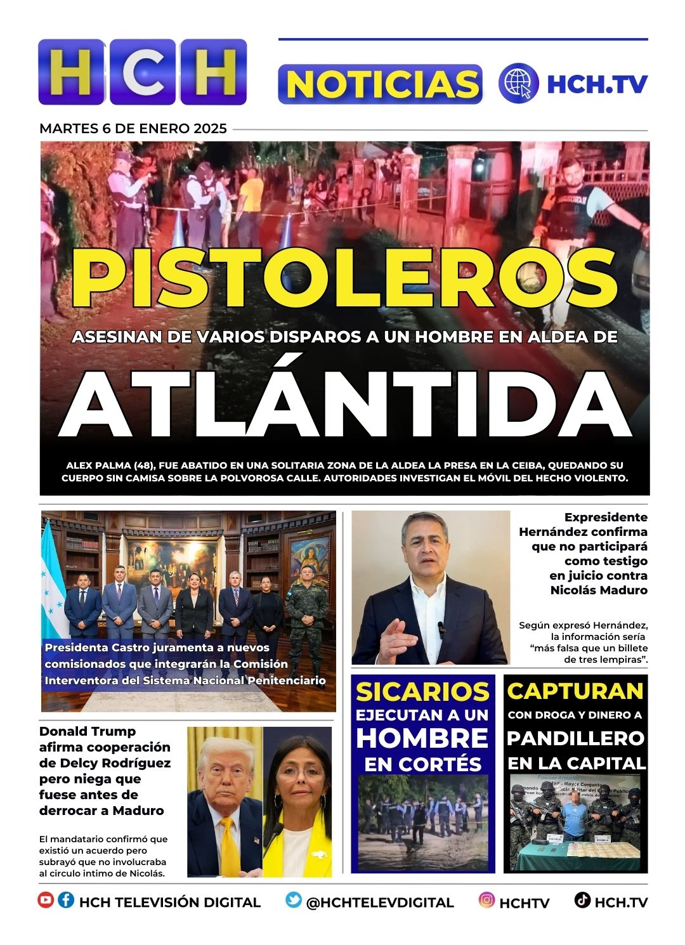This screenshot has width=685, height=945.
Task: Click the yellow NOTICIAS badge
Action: (x=380, y=84)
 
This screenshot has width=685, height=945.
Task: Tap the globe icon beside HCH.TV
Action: (x=518, y=83)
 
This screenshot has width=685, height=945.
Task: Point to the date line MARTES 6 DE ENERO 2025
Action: (x=133, y=129)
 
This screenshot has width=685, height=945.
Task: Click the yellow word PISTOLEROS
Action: (x=344, y=277)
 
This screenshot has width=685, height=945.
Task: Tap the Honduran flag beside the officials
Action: (x=52, y=583)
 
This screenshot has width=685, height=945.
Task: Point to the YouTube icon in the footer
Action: (x=46, y=900)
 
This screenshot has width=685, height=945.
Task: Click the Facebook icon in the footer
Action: (x=66, y=900)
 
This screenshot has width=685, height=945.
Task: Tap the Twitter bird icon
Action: (x=293, y=900)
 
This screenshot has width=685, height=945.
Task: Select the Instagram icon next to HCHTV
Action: (x=486, y=900)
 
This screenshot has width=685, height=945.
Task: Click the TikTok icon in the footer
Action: (x=582, y=900)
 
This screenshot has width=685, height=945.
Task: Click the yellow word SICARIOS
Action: (x=422, y=692)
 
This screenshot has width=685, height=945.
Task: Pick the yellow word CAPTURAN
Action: (x=575, y=691)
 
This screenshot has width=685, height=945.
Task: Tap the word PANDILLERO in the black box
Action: (x=575, y=738)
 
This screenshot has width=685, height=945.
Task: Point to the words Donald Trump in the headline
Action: (x=88, y=731)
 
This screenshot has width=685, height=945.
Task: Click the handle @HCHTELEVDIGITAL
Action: (x=380, y=903)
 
